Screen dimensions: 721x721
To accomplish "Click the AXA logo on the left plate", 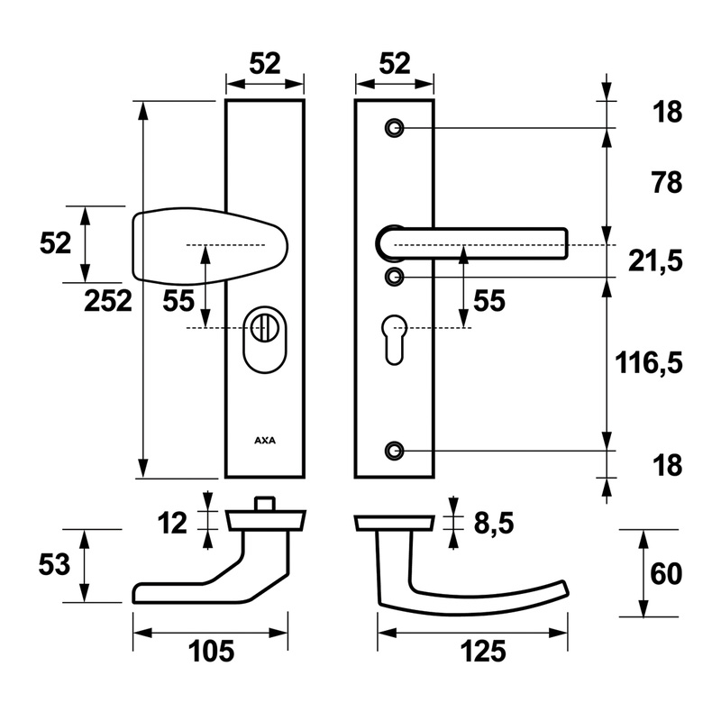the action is coord(265,441).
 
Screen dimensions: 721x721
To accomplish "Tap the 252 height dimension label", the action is coord(108,301).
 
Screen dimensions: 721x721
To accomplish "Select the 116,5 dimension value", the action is coord(649,363).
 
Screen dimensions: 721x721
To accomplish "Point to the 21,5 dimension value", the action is coord(655,261).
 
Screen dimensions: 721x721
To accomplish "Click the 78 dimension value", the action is coord(667,183).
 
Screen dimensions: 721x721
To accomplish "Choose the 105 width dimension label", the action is coord(211,651).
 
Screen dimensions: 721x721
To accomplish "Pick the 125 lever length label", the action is coord(483,651).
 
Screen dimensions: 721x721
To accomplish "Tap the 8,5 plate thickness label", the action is coord(493,524).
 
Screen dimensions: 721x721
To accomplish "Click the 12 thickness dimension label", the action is coord(172,524).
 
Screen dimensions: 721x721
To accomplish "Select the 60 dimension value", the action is coord(666,574).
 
